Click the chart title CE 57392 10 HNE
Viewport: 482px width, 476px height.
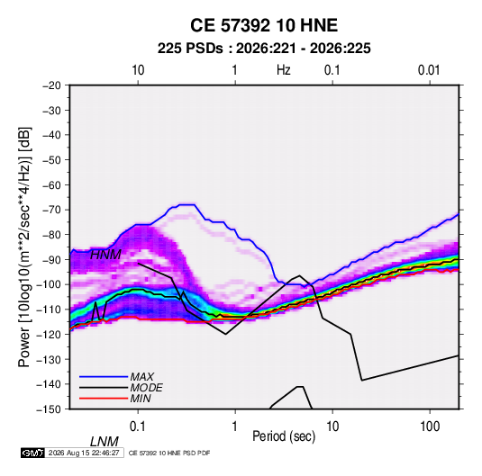(x=264, y=25)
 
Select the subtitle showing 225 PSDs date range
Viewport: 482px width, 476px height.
(x=264, y=49)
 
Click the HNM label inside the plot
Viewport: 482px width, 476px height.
(x=105, y=255)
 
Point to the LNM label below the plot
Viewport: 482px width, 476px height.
(x=104, y=442)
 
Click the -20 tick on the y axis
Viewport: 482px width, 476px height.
(x=51, y=85)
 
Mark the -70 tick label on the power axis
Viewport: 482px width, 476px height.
(x=51, y=210)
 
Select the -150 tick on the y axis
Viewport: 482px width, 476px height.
(x=49, y=409)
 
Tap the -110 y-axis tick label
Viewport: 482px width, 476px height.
(x=49, y=310)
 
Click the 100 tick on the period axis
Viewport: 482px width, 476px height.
(x=430, y=427)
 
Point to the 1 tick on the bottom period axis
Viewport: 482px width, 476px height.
(x=235, y=427)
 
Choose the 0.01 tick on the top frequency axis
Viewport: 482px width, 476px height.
(x=429, y=70)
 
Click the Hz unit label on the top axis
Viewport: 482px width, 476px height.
(x=284, y=70)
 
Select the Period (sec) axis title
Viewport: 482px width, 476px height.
(x=284, y=436)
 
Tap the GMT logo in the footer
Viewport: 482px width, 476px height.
(x=32, y=453)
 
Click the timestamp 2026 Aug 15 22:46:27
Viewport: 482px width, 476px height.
(x=84, y=453)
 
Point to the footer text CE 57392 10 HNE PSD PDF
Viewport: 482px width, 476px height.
(x=169, y=453)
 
